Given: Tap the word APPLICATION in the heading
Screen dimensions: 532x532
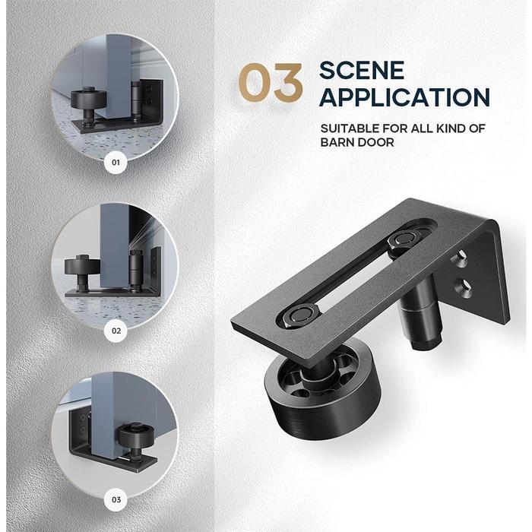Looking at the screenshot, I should click(x=404, y=97).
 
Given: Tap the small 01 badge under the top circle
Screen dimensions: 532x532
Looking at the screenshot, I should click(x=116, y=162).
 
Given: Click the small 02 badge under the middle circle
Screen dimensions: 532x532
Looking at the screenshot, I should click(x=116, y=331).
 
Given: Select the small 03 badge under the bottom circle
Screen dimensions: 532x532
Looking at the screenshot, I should click(x=116, y=499).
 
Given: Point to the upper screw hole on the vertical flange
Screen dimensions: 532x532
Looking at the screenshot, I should click(x=461, y=261).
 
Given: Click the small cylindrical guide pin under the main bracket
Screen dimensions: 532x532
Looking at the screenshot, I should click(x=419, y=319).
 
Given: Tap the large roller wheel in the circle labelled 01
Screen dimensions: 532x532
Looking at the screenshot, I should click(x=84, y=101).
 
